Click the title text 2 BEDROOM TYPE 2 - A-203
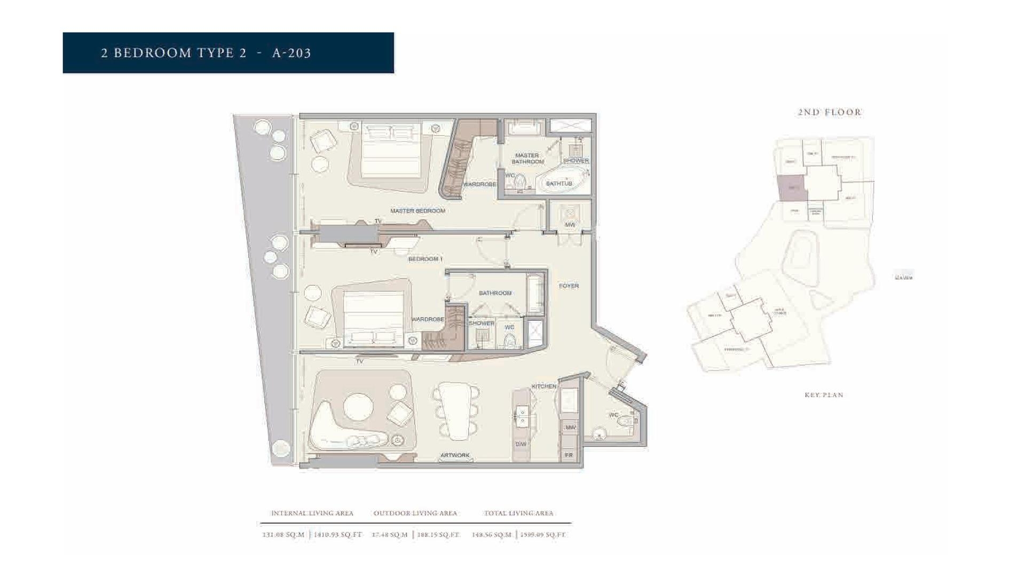(206, 53)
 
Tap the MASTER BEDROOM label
(417, 211)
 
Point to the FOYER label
(569, 286)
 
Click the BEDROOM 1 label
(425, 259)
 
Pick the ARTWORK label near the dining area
(455, 455)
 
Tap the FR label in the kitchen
(569, 455)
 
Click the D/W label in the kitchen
(521, 444)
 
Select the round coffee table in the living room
(358, 407)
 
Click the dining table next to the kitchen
(457, 410)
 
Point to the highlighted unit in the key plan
(791, 188)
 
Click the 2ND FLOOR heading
(830, 112)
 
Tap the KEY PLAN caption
(824, 395)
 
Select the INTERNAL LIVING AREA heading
(312, 513)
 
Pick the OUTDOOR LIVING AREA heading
(415, 513)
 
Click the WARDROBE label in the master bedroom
(479, 184)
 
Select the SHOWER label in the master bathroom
(575, 160)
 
